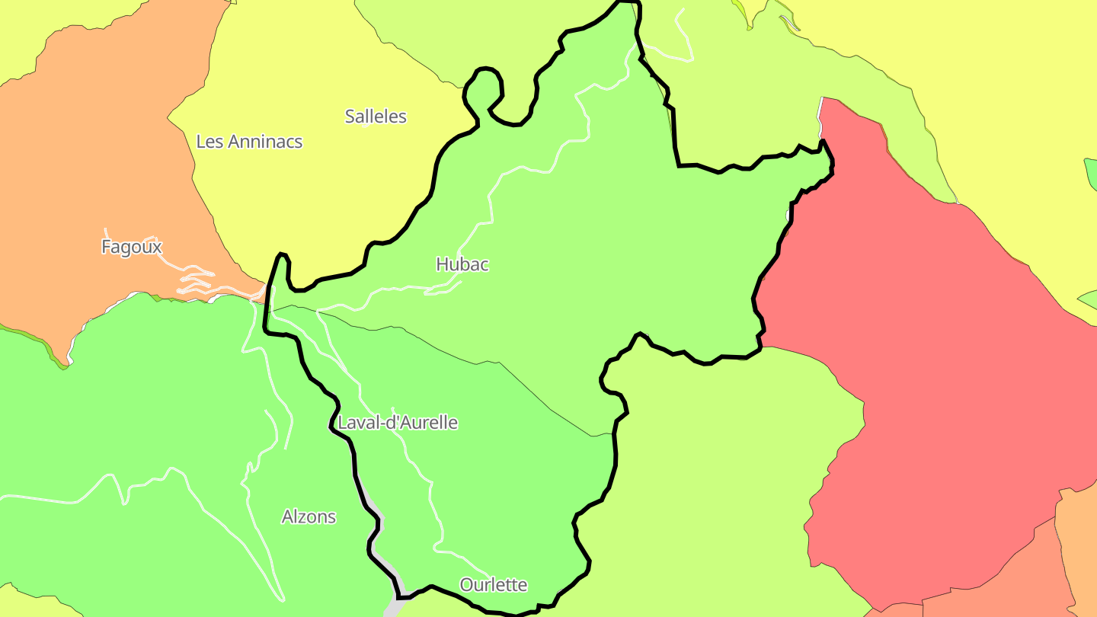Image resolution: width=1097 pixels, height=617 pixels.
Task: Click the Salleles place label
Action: [376, 117]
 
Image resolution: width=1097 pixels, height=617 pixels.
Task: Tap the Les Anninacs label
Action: [249, 142]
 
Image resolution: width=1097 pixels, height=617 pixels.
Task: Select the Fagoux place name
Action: [132, 247]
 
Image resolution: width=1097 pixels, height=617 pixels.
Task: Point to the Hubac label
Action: [462, 264]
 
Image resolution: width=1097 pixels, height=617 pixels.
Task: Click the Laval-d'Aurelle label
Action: [398, 423]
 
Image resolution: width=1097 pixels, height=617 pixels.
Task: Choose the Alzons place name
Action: [309, 516]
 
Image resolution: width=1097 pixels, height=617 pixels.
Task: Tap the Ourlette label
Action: [494, 585]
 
